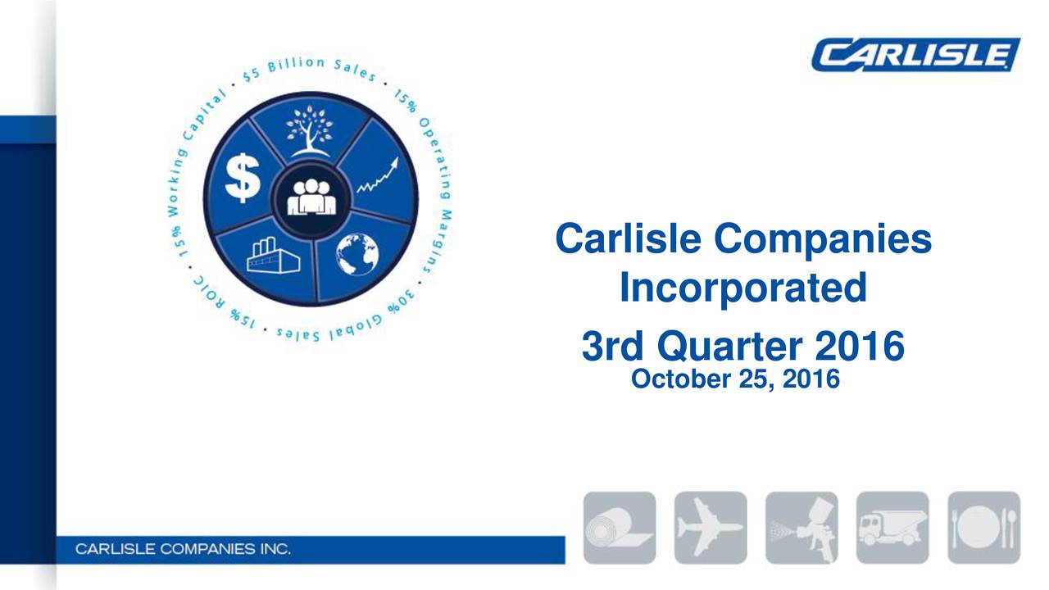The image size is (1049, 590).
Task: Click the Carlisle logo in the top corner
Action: [x=915, y=55]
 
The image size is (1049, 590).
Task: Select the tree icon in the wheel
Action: [x=310, y=132]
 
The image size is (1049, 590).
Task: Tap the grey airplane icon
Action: [x=711, y=527]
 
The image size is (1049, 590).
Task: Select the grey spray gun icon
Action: [x=802, y=527]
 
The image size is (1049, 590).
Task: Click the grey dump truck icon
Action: [x=892, y=527]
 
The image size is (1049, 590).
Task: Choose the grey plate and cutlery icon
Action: [x=983, y=527]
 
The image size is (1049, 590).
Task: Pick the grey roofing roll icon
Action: [x=620, y=527]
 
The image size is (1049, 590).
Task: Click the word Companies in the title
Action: [x=822, y=240]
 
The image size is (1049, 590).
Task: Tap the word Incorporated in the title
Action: [x=742, y=288]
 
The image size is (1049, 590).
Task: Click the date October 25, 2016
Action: [x=736, y=379]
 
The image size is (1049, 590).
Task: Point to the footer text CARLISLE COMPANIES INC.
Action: [x=183, y=548]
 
